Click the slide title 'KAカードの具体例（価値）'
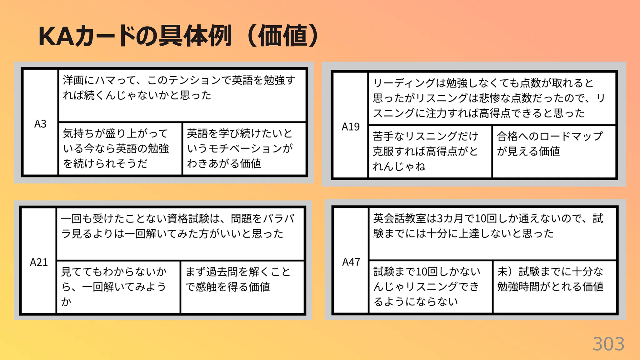[x=178, y=36]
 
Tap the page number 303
[x=608, y=344]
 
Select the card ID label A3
[x=40, y=124]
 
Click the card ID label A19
[x=350, y=127]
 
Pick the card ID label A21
[x=39, y=262]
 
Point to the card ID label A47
[x=351, y=262]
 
